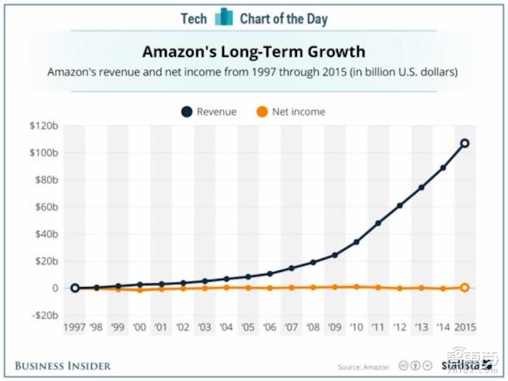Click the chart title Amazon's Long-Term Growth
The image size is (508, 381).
[253, 51]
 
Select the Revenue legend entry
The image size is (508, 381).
[209, 112]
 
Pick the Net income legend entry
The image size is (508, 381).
[291, 112]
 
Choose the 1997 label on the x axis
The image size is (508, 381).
[75, 328]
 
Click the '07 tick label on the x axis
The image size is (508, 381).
[292, 328]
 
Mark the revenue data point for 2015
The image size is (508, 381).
[464, 144]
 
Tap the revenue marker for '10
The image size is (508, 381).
[356, 242]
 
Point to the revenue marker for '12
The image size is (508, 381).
[400, 205]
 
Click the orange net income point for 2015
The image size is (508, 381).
[464, 288]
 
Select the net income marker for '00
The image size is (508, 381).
[140, 290]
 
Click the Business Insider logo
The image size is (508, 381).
[63, 365]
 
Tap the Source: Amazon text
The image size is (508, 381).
[363, 367]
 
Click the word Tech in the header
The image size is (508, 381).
[194, 19]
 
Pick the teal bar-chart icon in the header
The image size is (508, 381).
[224, 17]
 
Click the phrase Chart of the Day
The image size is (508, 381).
[284, 19]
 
